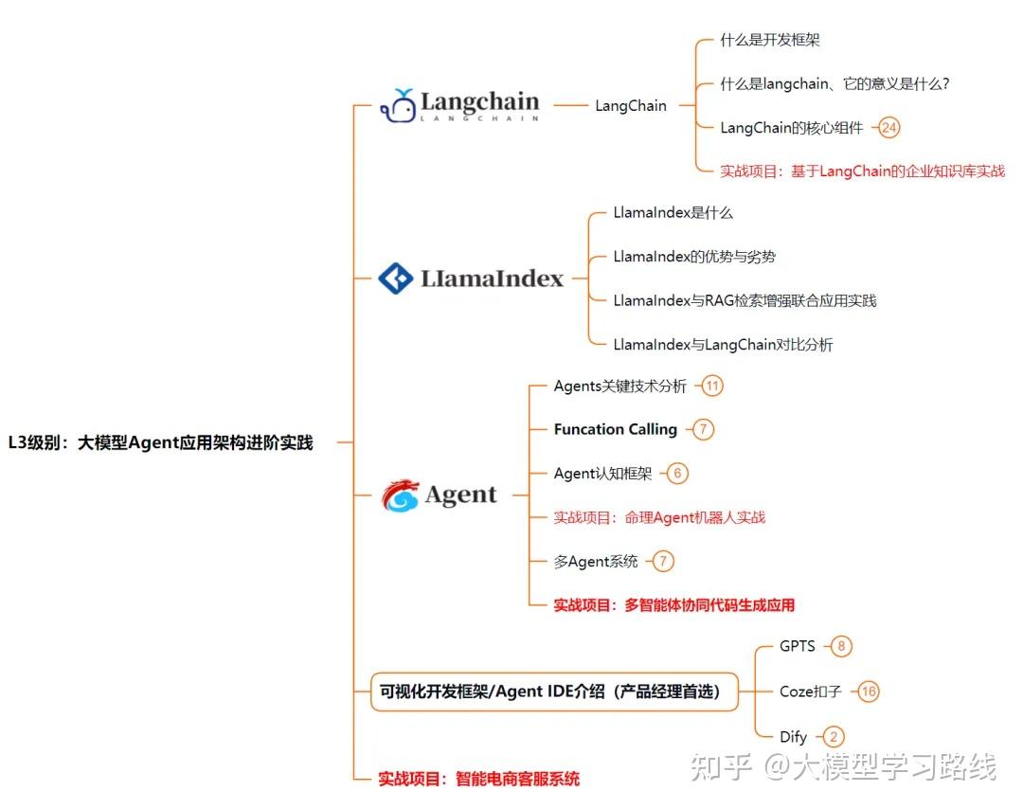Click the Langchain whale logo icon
[x=399, y=106]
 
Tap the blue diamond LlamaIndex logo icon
[x=395, y=279]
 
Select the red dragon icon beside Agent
[x=400, y=494]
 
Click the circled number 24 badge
[x=888, y=127]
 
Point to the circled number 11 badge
[x=712, y=386]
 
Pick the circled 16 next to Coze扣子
[x=869, y=692]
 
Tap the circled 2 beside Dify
[x=834, y=736]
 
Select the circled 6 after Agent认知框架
[x=677, y=474]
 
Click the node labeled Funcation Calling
[x=616, y=429]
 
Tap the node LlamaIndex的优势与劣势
[x=694, y=257]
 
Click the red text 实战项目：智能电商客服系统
[x=478, y=780]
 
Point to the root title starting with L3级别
[x=160, y=442]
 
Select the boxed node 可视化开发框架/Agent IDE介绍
[x=550, y=692]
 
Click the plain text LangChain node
[x=631, y=106]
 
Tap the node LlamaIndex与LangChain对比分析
[x=723, y=345]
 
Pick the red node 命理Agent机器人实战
[x=659, y=517]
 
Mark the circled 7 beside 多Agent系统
[x=663, y=562]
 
